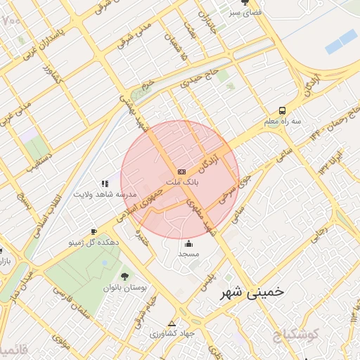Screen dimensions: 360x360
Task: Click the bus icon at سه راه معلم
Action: tap(282, 110)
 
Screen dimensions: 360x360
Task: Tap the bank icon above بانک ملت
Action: tap(181, 171)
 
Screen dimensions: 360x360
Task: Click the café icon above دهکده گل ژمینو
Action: tap(94, 231)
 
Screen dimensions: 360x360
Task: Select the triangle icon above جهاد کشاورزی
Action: tap(172, 323)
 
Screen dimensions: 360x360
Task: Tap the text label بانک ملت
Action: tap(181, 181)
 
